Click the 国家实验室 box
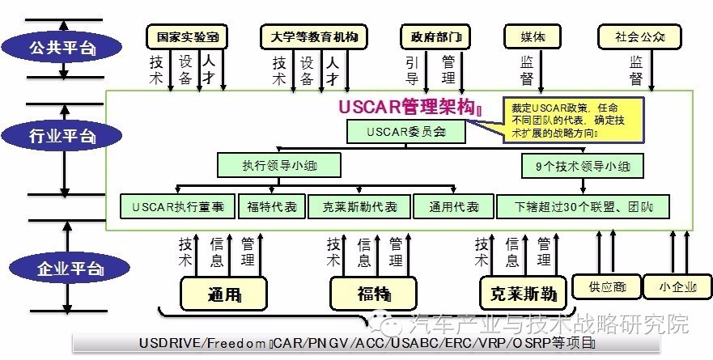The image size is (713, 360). pyautogui.click(x=187, y=36)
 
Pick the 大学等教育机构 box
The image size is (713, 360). pyautogui.click(x=314, y=36)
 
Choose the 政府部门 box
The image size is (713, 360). pyautogui.click(x=435, y=36)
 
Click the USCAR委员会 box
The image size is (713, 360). pyautogui.click(x=406, y=130)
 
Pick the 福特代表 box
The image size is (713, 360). pyautogui.click(x=272, y=206)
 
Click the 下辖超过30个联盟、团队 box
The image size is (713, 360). pyautogui.click(x=583, y=206)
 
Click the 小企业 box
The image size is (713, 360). pyautogui.click(x=675, y=286)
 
